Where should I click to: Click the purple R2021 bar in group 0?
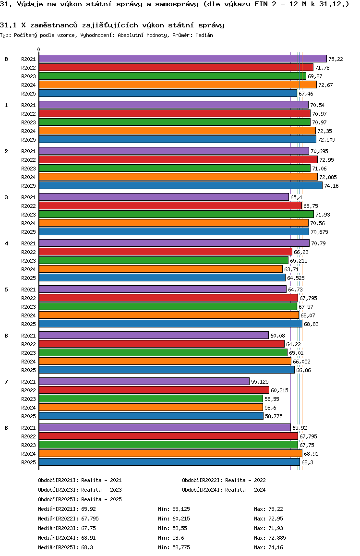coord(182,59)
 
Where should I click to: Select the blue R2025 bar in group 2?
coord(180,185)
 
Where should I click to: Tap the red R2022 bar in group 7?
coord(154,390)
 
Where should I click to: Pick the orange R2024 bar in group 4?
coord(160,269)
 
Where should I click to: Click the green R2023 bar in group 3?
coord(176,214)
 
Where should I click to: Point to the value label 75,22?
coord(336,59)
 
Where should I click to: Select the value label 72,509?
coord(326,140)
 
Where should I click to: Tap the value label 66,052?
coord(302,362)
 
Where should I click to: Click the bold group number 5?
coord(6,290)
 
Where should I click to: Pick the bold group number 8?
coord(6,428)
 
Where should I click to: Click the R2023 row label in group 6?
coord(29,353)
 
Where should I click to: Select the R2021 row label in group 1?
coord(29,105)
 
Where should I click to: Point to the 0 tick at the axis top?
coord(39,50)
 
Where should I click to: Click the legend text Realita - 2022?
coord(245,480)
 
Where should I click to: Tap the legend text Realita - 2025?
coord(101,499)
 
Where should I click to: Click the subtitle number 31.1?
coord(8,24)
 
